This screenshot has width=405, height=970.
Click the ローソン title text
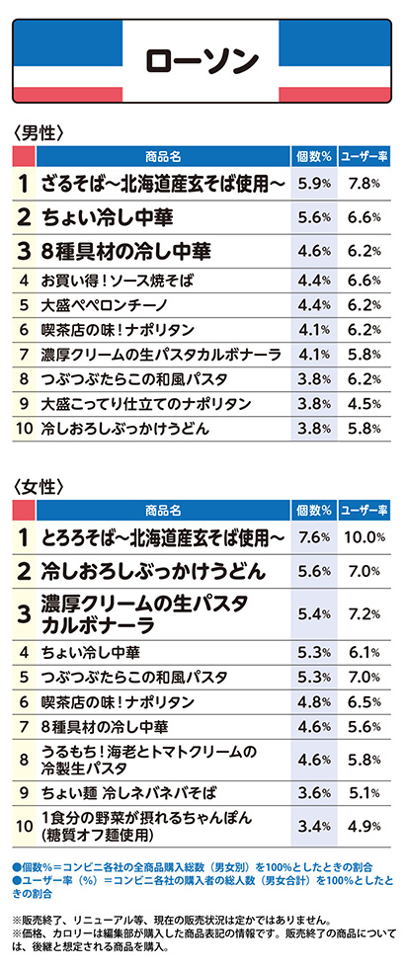(x=202, y=60)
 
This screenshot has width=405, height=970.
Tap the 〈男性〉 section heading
(x=40, y=133)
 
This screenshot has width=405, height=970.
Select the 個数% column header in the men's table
(x=313, y=156)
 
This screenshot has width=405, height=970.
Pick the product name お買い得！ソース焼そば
(x=117, y=281)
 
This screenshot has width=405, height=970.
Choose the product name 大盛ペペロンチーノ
(x=102, y=305)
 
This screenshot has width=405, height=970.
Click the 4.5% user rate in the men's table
(x=364, y=404)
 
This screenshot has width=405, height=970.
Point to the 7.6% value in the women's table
(x=313, y=537)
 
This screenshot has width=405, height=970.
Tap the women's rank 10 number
(x=24, y=825)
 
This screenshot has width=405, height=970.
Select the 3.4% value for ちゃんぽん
(x=313, y=825)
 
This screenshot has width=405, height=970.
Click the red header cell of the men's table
(x=24, y=156)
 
